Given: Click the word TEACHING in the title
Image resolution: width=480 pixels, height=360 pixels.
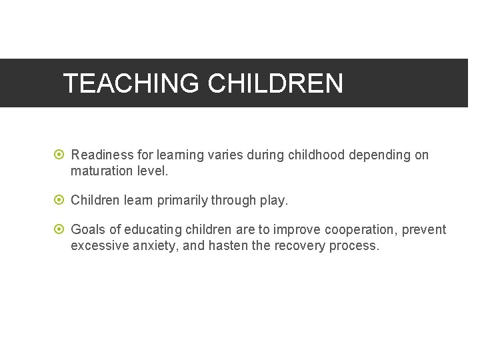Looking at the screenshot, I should point(131,84).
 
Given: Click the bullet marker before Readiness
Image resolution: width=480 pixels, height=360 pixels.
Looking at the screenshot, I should point(59,155).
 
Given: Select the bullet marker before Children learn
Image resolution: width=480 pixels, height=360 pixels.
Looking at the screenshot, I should point(59,200).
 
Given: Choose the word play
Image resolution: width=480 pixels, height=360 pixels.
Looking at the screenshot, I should point(274,201).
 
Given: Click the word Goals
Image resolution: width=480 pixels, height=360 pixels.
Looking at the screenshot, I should point(88,230).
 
